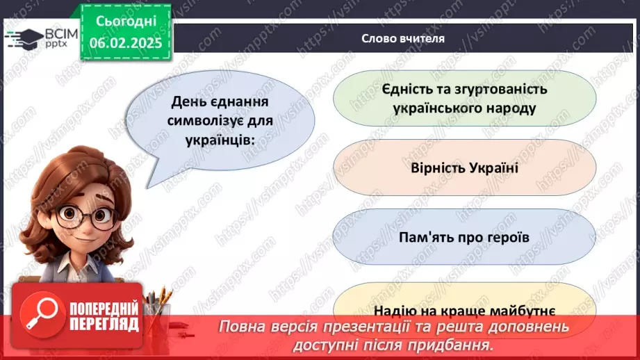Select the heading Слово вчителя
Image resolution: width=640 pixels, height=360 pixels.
tap(402, 39)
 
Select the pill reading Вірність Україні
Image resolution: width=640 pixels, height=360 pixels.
tap(464, 169)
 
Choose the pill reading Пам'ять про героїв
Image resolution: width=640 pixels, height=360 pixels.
tap(464, 236)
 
